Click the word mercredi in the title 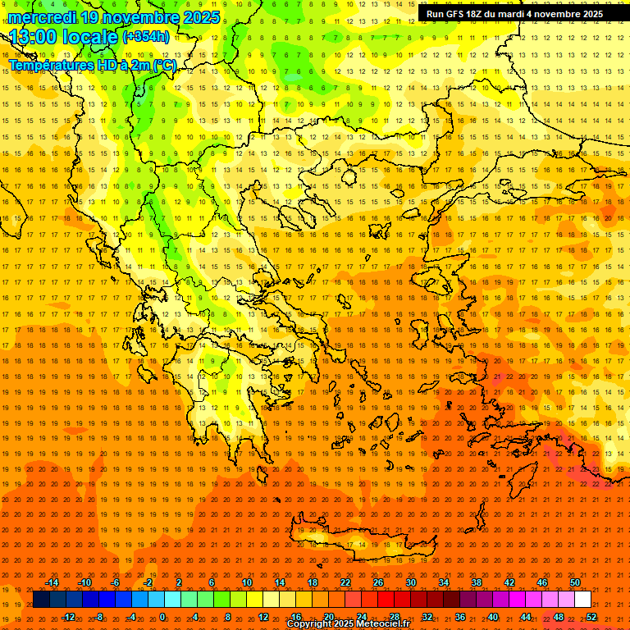[42, 17]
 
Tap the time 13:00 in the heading [34, 38]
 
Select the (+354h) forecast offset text [146, 36]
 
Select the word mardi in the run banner [509, 14]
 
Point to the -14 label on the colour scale [52, 582]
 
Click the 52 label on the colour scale [591, 617]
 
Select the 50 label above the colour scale [575, 582]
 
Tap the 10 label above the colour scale [246, 582]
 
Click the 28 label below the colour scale [395, 617]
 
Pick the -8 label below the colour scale [100, 617]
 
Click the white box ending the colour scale [583, 600]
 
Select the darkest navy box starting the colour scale [42, 600]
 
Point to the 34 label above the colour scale [443, 582]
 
